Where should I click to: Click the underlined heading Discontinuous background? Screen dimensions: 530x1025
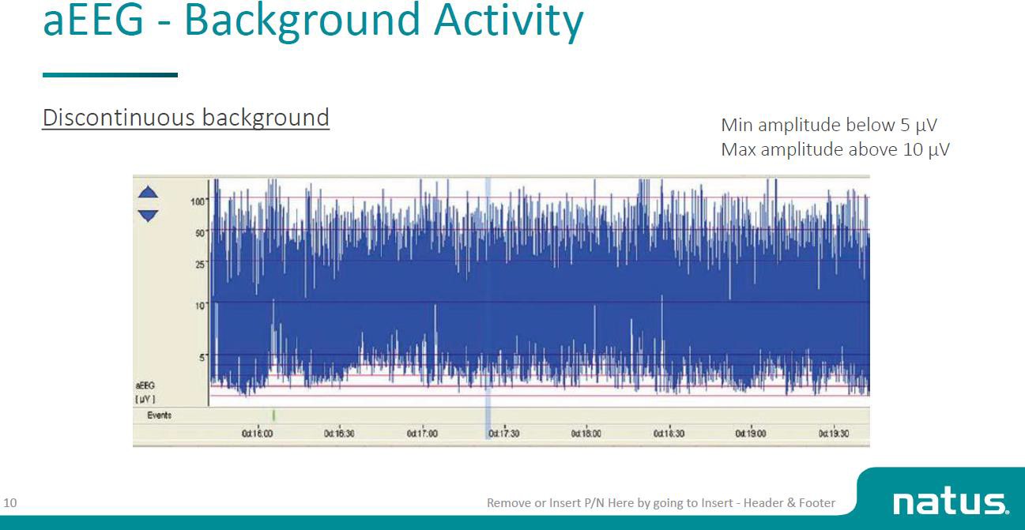coord(186,117)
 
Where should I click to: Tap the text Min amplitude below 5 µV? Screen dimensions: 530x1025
coord(829,125)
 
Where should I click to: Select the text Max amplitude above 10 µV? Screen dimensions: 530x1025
coord(835,149)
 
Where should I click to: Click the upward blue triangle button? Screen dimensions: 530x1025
coord(148,193)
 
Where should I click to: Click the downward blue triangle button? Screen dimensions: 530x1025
coord(148,215)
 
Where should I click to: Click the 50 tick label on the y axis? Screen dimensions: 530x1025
coord(200,233)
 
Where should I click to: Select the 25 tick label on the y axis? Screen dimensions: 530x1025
coord(200,264)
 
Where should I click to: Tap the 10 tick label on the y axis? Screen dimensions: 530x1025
coord(200,305)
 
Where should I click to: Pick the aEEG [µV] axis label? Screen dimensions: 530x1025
coord(145,390)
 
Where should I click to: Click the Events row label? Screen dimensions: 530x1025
coord(159,415)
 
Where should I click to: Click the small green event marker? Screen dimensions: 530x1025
coord(273,415)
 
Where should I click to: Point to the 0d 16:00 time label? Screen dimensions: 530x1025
coord(257,434)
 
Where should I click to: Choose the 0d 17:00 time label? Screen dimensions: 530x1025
coord(422,434)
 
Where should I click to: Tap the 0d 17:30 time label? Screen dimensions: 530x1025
coord(503,434)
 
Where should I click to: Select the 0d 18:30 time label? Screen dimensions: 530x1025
coord(669,434)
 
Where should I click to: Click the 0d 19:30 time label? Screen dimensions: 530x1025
coord(834,434)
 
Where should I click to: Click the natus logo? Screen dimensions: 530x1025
coord(950,501)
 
